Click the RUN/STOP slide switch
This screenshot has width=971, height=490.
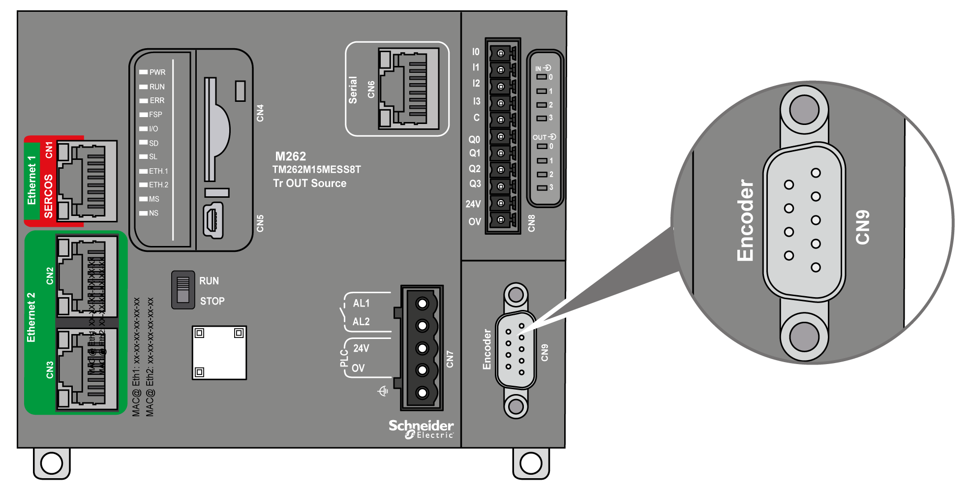(183, 290)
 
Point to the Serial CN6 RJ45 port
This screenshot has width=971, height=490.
(408, 89)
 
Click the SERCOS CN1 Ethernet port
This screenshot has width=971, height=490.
(87, 181)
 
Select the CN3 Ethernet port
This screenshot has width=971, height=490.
(87, 369)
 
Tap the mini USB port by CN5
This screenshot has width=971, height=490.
(213, 221)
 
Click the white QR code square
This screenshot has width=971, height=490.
(219, 352)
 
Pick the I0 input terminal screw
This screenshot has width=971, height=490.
(501, 53)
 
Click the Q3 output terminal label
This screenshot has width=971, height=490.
(475, 184)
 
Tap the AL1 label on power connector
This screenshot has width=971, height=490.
(361, 304)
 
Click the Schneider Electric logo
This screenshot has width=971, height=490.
(421, 429)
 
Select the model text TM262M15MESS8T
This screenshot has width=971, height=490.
(316, 170)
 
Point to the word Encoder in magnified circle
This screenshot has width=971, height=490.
(745, 220)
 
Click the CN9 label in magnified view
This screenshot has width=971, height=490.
(863, 227)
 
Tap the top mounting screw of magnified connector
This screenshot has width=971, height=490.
(804, 110)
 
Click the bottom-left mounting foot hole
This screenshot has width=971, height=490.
(52, 463)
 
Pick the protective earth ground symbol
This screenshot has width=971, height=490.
(383, 391)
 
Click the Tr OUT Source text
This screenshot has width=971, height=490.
(309, 184)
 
